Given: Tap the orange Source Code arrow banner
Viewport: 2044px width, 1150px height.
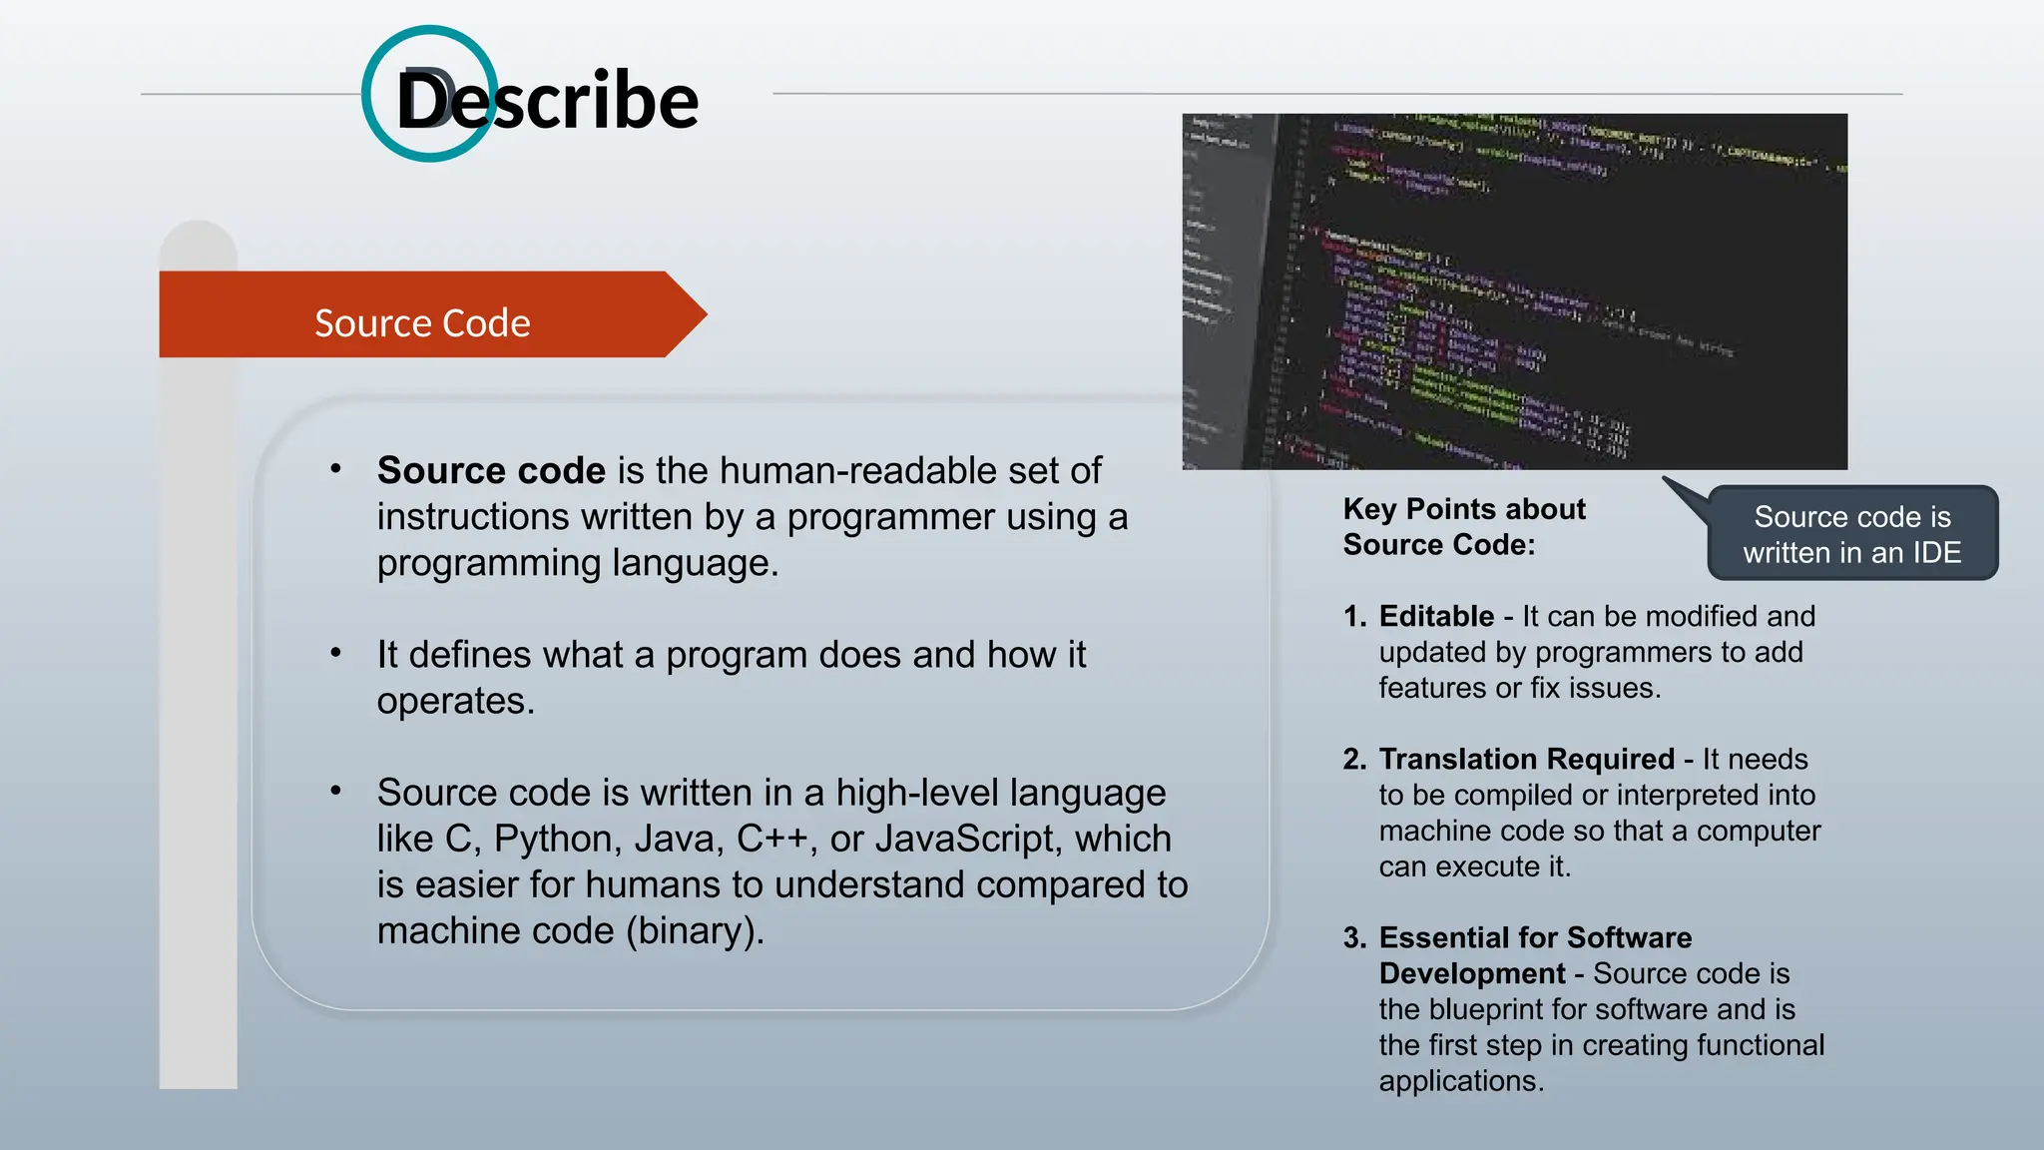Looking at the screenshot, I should coord(423,322).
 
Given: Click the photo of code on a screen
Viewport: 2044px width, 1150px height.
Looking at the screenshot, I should coord(1514,290).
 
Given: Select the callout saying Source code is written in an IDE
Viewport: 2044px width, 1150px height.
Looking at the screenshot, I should coord(1851,534).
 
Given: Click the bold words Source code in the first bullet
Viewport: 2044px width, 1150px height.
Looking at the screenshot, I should coord(491,470).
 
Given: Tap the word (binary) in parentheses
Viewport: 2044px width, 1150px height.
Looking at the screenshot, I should coord(695,930).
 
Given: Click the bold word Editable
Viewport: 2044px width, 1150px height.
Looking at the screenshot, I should coord(1436,616).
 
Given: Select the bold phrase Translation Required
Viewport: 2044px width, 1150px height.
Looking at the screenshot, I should coord(1526,759).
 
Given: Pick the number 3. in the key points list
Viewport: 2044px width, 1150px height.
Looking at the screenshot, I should coord(1354,937).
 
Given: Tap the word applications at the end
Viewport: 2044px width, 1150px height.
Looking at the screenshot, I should coord(1460,1081).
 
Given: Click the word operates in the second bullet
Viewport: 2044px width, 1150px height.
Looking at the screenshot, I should coord(454,701).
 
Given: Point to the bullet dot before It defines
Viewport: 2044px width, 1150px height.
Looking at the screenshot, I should coord(336,653).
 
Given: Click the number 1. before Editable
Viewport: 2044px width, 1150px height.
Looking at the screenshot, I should coord(1354,616).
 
